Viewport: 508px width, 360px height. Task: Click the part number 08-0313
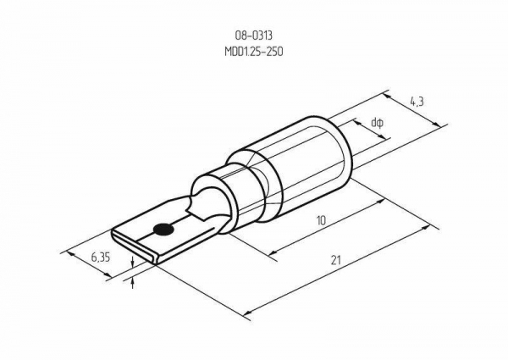coord(254,36)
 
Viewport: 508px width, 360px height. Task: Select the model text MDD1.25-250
coord(254,52)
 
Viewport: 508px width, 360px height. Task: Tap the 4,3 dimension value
coord(417,102)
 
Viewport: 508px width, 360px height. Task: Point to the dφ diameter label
coord(378,123)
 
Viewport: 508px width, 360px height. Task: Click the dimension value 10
coord(321,221)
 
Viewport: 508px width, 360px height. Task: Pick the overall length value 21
coord(336,260)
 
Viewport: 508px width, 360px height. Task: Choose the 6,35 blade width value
coord(101,258)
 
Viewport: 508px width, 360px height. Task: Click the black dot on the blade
coord(163,230)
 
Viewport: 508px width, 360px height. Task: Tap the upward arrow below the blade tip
coord(132,283)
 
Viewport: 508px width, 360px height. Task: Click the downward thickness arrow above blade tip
coord(132,261)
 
